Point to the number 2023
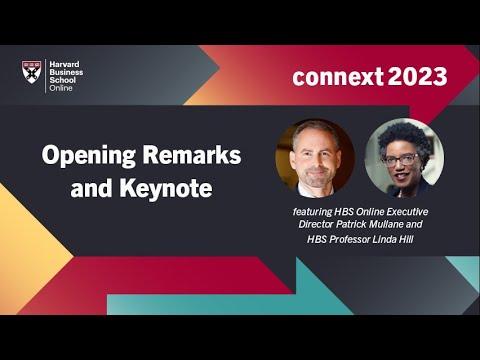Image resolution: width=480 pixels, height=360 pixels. point(418,77)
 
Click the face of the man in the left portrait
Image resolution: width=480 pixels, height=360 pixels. point(314,157)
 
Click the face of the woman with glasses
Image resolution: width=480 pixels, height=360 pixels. point(401,160)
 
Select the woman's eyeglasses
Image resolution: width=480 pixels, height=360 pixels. point(401,158)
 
